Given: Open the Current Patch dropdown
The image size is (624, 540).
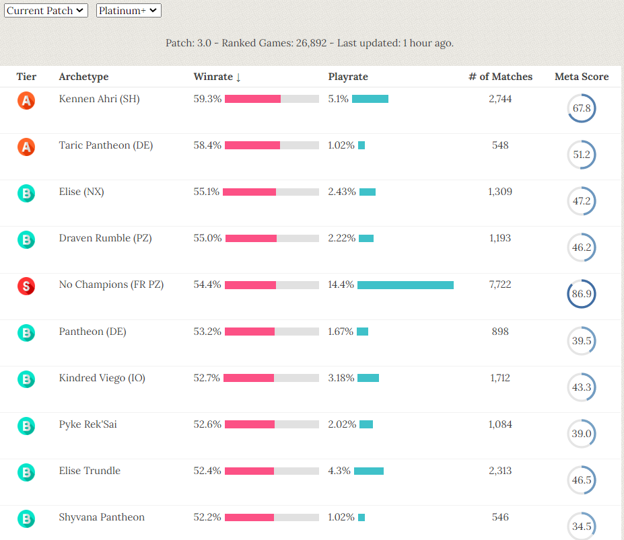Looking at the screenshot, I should tap(46, 11).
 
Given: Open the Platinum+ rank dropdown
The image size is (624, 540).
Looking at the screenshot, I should tap(129, 11).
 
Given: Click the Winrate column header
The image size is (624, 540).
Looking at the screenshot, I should tap(217, 77).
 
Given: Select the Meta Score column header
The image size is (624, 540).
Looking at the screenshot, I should tap(582, 77).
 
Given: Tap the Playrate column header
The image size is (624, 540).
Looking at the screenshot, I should tap(348, 77).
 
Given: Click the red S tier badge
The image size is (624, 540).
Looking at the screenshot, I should tap(26, 286).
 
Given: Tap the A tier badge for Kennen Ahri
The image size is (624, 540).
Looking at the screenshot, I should tap(26, 100).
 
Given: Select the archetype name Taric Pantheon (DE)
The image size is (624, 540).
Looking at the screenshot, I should tap(106, 145).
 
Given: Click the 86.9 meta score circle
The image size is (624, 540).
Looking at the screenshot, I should tap(582, 294).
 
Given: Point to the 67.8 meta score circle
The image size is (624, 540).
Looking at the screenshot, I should tap(582, 108).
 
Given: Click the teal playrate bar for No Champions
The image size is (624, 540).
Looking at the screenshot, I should tap(405, 285).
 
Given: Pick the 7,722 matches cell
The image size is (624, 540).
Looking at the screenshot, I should tap(500, 284).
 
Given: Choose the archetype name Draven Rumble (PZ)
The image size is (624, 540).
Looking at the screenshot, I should tap(105, 238).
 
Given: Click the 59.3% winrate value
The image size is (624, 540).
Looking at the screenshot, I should tap(207, 99).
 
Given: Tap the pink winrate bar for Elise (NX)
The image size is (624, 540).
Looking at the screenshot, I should tap(249, 192).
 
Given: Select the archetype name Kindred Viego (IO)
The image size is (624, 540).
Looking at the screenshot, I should tap(102, 378).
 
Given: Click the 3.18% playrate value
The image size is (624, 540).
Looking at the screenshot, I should tap(341, 378).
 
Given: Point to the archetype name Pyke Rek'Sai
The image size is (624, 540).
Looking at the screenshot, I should tap(88, 424).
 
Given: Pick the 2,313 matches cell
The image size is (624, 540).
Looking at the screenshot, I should tap(500, 471).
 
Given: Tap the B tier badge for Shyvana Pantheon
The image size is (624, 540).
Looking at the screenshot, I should tap(26, 518).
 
